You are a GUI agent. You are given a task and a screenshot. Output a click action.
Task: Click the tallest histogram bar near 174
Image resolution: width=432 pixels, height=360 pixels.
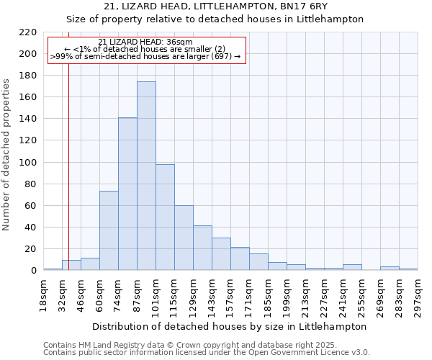coord(146,176)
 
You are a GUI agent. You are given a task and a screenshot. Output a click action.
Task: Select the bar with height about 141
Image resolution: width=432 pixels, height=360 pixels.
coord(127,194)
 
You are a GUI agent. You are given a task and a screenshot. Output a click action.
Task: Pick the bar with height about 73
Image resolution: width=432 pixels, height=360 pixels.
coord(109,230)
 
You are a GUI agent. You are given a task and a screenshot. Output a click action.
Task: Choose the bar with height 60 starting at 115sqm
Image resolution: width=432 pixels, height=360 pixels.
coord(184,238)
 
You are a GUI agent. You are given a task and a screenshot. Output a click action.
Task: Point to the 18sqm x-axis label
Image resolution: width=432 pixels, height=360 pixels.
coord(44,294)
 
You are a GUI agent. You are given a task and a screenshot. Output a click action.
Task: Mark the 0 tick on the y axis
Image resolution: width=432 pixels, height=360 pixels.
coord(33,271)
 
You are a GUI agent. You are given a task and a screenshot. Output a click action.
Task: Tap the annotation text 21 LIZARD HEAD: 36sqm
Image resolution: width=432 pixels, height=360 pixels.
coord(145,42)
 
